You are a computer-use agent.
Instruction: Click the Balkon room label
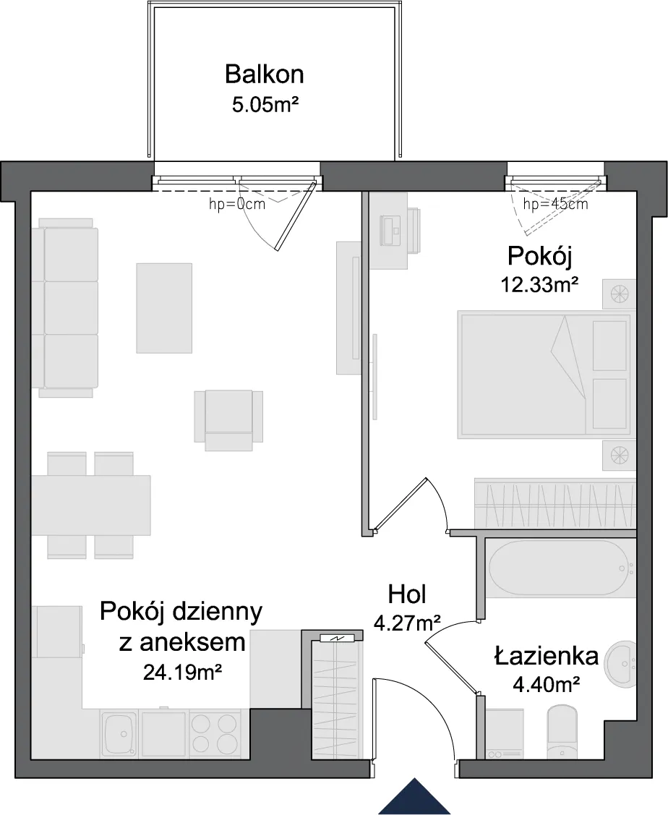click(x=264, y=74)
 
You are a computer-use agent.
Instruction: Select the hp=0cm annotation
click(x=237, y=204)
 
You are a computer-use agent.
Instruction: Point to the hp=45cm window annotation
click(x=555, y=204)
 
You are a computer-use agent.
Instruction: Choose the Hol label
click(x=407, y=594)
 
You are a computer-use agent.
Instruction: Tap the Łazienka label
click(x=547, y=656)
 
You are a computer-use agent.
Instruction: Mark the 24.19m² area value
click(x=183, y=673)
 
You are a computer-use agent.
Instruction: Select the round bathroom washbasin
click(x=621, y=657)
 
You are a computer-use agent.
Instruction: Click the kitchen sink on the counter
click(x=119, y=734)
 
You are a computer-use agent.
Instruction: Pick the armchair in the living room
click(x=228, y=420)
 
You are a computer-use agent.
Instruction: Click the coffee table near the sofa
click(x=164, y=308)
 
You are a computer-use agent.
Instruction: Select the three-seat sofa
click(x=65, y=308)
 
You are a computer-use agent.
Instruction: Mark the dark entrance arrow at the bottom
click(x=414, y=796)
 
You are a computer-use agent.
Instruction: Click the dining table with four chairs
click(x=91, y=505)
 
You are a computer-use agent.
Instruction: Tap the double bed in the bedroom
click(x=544, y=375)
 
